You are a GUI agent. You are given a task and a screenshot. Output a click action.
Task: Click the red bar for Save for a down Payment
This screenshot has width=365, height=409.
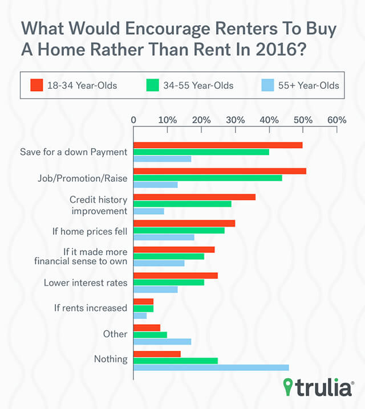[218, 145]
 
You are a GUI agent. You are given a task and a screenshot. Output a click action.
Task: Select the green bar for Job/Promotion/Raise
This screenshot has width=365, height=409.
[208, 178]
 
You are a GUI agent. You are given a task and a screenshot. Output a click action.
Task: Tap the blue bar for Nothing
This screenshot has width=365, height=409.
[211, 367]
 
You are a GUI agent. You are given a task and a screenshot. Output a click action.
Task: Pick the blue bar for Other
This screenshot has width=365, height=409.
[163, 341]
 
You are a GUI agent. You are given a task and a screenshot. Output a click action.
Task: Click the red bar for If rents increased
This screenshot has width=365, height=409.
[144, 301]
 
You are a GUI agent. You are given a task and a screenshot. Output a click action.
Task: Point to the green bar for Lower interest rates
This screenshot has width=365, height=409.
[169, 282]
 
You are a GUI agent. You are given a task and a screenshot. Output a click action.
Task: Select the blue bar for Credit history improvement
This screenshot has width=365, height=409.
[149, 211]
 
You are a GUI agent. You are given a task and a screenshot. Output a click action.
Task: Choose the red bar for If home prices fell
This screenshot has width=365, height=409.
[184, 223]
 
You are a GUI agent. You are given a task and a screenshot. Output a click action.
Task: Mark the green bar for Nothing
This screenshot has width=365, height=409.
[176, 361]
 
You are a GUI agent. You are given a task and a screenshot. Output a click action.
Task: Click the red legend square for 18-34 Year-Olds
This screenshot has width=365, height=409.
[36, 85]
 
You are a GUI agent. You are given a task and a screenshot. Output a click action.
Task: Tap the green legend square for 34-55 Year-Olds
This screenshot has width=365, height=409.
[153, 85]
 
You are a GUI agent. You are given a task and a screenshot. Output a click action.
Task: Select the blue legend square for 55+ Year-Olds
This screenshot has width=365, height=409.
[268, 85]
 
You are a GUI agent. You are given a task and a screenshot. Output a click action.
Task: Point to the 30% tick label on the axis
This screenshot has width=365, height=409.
[236, 120]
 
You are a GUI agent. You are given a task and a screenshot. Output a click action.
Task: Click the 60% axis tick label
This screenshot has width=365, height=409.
[337, 120]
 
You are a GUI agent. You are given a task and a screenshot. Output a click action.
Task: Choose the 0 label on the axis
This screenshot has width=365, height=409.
[133, 120]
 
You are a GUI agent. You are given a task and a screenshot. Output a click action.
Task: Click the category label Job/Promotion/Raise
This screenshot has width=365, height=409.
[83, 178]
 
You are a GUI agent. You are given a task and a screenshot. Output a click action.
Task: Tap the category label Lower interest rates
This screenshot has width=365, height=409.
[86, 283]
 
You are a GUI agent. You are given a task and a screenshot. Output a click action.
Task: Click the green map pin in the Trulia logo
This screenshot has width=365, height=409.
[288, 387]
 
